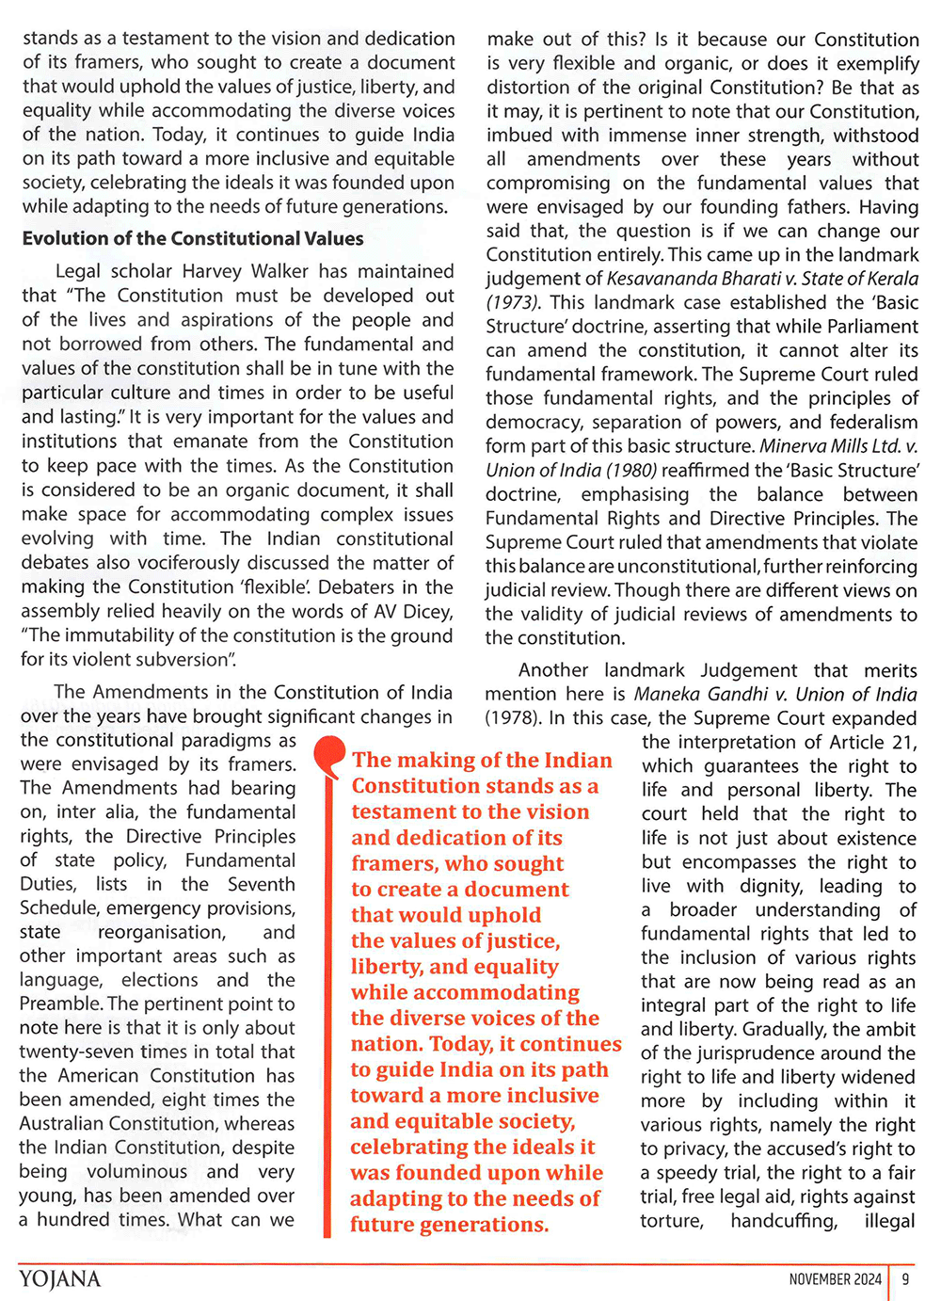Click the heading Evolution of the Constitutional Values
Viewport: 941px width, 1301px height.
[x=193, y=239]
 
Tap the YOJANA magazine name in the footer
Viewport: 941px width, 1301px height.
[x=59, y=1278]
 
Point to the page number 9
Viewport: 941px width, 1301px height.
[x=905, y=1278]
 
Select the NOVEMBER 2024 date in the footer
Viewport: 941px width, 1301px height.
[x=835, y=1278]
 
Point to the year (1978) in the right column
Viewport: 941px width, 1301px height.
[x=513, y=718]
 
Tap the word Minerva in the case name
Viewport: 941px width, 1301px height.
[x=794, y=445]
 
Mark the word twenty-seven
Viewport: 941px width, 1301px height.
[x=75, y=1052]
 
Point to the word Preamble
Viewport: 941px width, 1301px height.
[x=61, y=1004]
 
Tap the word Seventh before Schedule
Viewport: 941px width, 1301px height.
[x=262, y=884]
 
